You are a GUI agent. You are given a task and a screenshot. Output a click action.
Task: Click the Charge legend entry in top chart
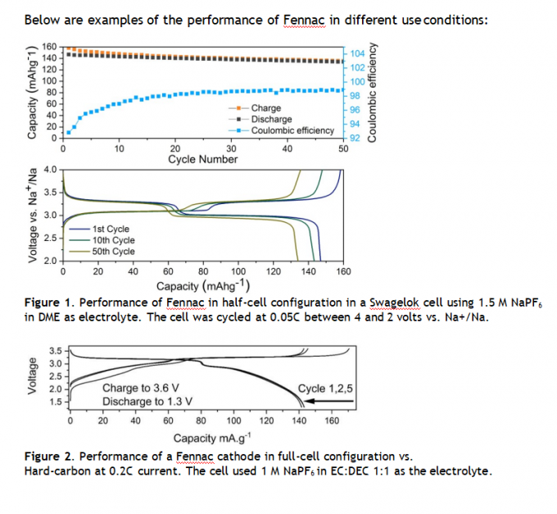click(265, 108)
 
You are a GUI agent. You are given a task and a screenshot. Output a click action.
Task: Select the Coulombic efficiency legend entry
click(292, 130)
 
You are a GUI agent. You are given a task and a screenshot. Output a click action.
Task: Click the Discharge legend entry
click(271, 119)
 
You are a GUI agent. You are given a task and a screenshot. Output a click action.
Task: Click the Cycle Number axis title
click(202, 159)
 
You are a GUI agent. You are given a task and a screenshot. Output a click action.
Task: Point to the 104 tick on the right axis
click(357, 53)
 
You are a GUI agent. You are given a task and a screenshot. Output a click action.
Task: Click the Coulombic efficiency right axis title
click(374, 92)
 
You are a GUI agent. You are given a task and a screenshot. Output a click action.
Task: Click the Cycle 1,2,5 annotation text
click(323, 389)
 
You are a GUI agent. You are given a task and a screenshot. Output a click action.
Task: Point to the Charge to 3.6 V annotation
click(142, 389)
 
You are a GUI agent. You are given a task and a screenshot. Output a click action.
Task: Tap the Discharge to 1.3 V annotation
click(147, 402)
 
